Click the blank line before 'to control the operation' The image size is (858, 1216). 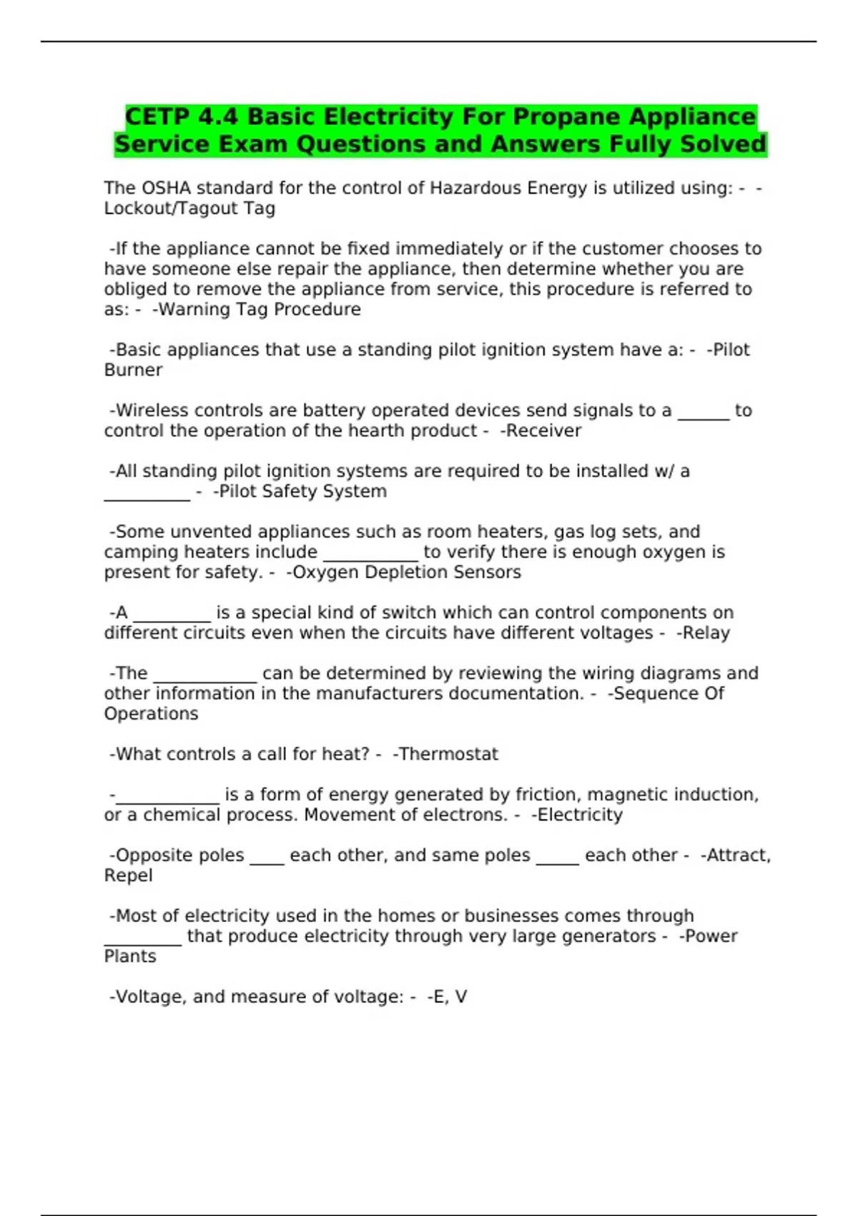[x=703, y=415]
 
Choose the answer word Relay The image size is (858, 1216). [x=706, y=633]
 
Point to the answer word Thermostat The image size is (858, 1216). [x=449, y=754]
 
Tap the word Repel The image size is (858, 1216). [x=129, y=876]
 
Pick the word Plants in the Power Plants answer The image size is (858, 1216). [x=130, y=956]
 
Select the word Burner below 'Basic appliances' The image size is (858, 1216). [x=134, y=371]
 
